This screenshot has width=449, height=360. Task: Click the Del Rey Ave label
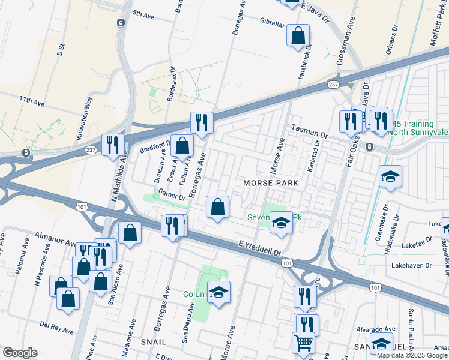(56, 327)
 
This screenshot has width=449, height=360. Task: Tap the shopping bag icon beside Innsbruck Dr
(298, 35)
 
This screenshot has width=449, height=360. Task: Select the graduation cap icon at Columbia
(218, 292)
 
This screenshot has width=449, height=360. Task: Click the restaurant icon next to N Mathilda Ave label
(112, 145)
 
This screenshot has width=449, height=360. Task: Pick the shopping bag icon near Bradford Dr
(182, 146)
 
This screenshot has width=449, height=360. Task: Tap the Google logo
(20, 353)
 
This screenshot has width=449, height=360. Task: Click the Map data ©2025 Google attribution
(412, 355)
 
